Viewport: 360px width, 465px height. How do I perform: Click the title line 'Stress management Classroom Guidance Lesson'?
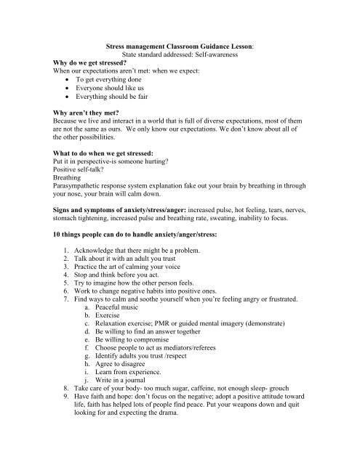point(180,44)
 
